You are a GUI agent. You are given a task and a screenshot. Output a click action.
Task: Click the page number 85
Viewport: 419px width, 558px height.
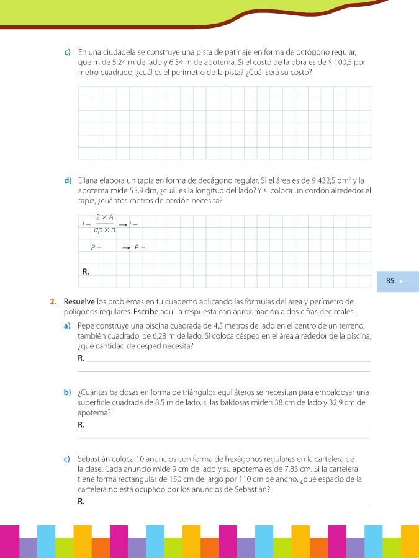(x=390, y=281)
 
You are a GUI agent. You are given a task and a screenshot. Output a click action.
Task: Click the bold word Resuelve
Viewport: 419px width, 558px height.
(x=78, y=302)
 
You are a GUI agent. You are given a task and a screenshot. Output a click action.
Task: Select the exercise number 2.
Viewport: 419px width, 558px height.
(x=53, y=302)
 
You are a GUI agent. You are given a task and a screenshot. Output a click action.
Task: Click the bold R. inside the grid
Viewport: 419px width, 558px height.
(x=86, y=272)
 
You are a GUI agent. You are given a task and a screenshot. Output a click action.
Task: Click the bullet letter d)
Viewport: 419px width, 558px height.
(x=67, y=181)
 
